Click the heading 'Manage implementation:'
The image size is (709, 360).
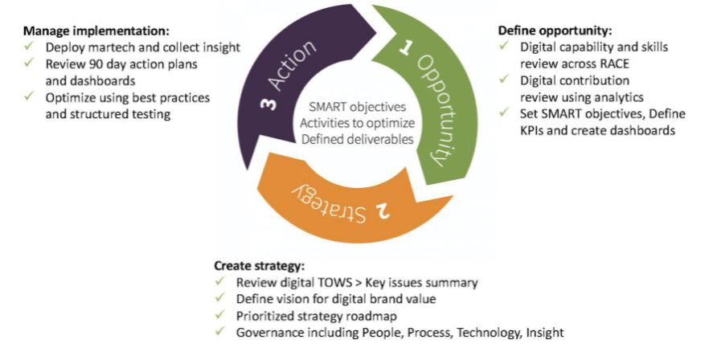pyautogui.click(x=96, y=31)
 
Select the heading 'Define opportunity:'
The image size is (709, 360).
pyautogui.click(x=555, y=31)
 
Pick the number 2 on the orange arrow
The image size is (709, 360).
pyautogui.click(x=384, y=211)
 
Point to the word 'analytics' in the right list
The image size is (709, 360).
pyautogui.click(x=604, y=97)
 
